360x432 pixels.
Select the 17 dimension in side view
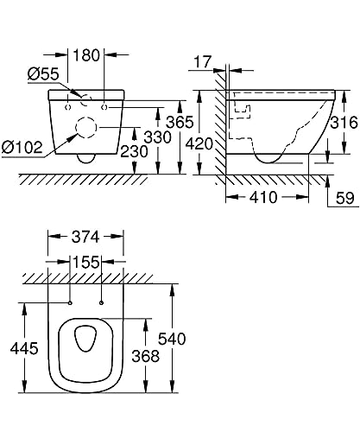pyautogui.click(x=204, y=61)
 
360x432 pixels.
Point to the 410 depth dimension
pyautogui.click(x=262, y=198)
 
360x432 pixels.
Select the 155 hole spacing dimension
pyautogui.click(x=85, y=262)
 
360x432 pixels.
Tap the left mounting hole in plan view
pyautogui.click(x=69, y=302)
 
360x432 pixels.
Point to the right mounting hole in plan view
pyautogui.click(x=102, y=302)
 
